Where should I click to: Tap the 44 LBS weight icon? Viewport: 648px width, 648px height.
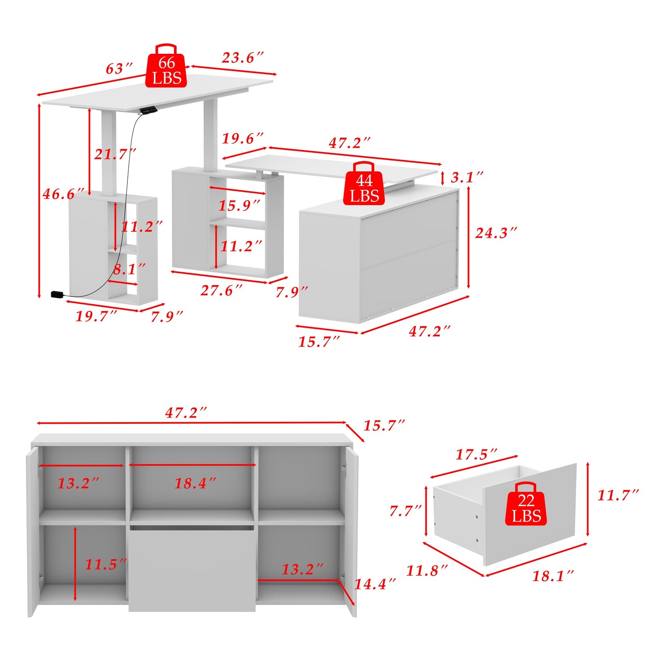(364, 184)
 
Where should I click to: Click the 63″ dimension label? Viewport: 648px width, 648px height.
(119, 69)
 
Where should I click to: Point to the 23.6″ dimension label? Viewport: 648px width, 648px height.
(243, 57)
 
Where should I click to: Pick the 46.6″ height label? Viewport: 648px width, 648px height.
(63, 194)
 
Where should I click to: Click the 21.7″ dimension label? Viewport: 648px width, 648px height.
(115, 154)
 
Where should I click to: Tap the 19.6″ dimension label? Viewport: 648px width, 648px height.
(243, 138)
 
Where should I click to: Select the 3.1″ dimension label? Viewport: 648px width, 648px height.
(467, 177)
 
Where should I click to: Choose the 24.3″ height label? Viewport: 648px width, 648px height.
(496, 233)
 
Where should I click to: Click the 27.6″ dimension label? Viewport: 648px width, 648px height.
(221, 290)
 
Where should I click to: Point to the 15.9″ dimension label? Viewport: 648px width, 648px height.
(239, 205)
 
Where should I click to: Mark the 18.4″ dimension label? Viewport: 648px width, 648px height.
(195, 483)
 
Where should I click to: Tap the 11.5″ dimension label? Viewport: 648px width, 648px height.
(106, 564)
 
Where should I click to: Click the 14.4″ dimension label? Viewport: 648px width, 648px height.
(375, 584)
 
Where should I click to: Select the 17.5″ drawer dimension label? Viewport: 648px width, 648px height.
(476, 454)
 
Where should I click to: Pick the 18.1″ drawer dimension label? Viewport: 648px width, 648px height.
(553, 576)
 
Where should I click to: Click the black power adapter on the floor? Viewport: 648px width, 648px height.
(57, 294)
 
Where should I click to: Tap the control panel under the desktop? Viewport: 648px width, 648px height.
(148, 109)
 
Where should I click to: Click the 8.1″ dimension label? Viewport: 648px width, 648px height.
(129, 269)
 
